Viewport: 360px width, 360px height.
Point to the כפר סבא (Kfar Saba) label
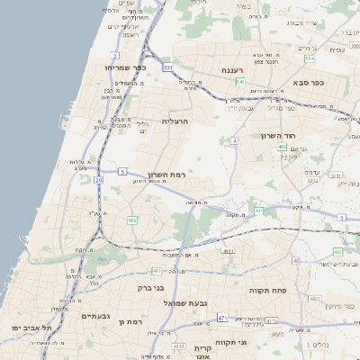307,81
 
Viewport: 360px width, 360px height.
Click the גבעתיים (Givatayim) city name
95,316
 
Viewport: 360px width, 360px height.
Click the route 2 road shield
115,56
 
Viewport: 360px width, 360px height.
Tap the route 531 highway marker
167,67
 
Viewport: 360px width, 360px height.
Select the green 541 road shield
239,81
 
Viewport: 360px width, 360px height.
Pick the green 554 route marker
309,58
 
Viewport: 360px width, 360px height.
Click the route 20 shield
99,181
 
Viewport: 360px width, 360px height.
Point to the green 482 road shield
132,220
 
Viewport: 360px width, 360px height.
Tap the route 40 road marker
296,260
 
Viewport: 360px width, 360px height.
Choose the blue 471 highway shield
221,318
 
